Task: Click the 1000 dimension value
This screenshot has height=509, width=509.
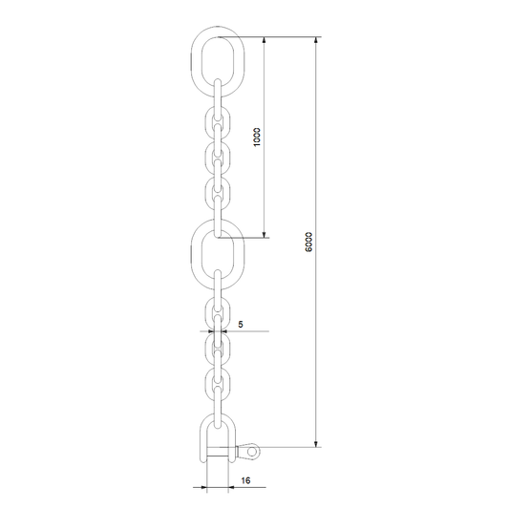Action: tap(257, 137)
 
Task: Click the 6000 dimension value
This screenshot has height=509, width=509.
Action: tap(308, 242)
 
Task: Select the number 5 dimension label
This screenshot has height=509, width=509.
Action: tap(241, 324)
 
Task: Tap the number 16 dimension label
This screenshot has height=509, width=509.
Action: tap(245, 480)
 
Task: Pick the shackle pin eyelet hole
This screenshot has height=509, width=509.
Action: tap(251, 451)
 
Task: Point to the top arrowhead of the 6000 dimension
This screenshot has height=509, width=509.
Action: tap(316, 40)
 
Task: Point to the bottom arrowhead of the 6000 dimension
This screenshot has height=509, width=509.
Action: tap(316, 443)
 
